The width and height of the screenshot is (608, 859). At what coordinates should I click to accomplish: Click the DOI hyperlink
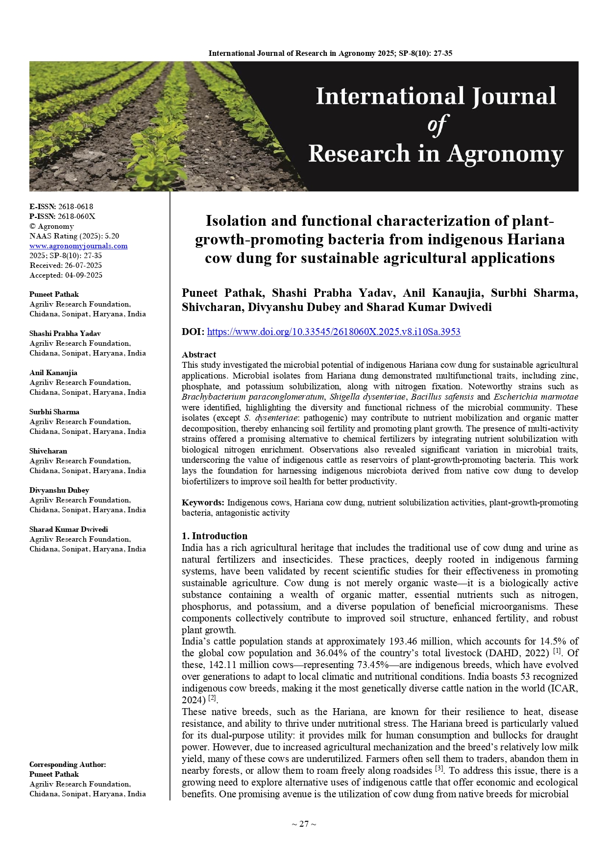point(334,332)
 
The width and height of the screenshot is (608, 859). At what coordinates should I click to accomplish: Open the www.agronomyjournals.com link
point(78,246)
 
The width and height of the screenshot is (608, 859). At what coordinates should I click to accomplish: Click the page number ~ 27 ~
point(304,824)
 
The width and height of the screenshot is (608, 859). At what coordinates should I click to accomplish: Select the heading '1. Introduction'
point(215,536)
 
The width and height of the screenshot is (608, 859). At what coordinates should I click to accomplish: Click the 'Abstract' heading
point(199,355)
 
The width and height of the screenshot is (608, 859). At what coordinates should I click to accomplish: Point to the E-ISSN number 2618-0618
point(75,207)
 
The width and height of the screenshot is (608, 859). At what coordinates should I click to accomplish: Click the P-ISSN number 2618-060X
point(76,216)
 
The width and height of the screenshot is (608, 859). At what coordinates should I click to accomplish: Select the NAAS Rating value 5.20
point(112,236)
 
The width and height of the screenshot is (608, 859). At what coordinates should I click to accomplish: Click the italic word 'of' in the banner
point(437,125)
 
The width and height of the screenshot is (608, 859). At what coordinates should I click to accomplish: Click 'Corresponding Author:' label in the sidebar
point(68,764)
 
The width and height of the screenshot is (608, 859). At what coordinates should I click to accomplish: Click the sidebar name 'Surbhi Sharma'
point(54,412)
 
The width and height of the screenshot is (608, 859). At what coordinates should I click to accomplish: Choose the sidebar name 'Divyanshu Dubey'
point(59,490)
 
